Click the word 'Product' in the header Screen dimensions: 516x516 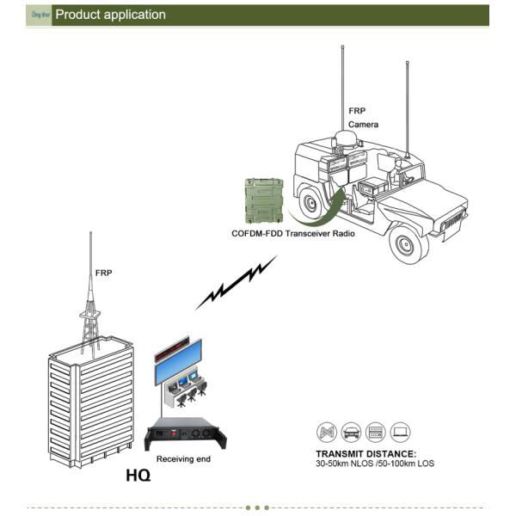82,15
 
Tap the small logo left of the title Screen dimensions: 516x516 39,15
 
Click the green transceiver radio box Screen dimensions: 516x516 264,200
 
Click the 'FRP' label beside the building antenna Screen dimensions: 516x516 103,273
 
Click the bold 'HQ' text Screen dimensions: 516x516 138,476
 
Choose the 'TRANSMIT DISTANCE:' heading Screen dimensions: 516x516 365,453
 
